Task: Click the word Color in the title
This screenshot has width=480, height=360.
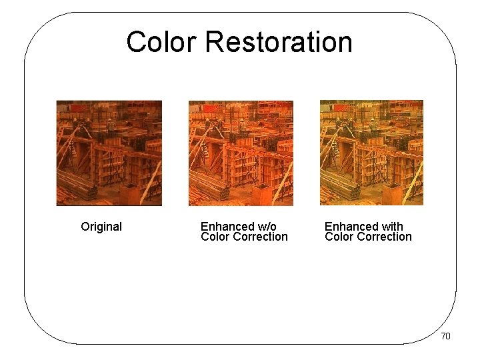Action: click(162, 41)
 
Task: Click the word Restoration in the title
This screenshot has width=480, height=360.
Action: click(279, 41)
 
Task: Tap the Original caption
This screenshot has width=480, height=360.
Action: click(101, 227)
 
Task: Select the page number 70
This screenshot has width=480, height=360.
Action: click(445, 336)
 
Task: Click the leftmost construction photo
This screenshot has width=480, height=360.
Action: click(109, 153)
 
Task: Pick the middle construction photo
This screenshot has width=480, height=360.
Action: click(241, 153)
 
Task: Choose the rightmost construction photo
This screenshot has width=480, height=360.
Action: click(371, 153)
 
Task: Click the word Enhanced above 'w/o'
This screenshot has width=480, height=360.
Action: click(227, 227)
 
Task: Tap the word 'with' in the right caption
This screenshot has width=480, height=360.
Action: click(391, 227)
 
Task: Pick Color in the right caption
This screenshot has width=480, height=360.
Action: click(338, 237)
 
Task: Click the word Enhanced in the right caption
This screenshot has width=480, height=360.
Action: click(351, 227)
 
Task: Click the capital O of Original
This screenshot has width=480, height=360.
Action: click(85, 227)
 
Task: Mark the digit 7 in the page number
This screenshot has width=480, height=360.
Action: click(443, 336)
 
